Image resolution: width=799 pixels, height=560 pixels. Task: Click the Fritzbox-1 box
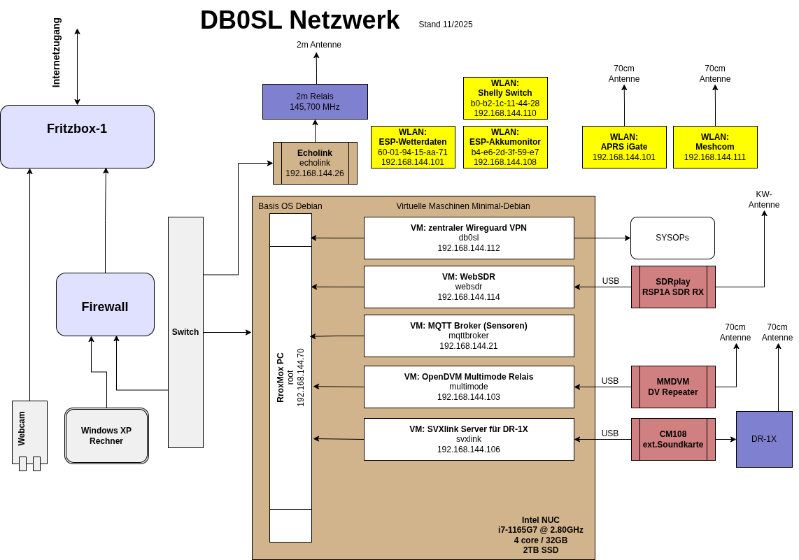tap(77, 136)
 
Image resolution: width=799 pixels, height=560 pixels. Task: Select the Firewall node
tap(105, 305)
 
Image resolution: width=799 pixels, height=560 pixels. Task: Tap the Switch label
tap(185, 332)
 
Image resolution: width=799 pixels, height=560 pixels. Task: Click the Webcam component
tap(29, 430)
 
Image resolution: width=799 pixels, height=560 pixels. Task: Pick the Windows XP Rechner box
tap(106, 436)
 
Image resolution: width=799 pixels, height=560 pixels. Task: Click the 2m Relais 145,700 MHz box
tap(315, 101)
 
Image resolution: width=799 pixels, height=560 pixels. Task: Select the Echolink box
tap(315, 163)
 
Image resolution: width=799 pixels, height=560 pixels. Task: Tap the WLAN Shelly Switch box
tap(505, 98)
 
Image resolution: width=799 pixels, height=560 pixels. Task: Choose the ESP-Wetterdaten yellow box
tap(413, 147)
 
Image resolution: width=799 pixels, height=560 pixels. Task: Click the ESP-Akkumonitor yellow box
tap(505, 147)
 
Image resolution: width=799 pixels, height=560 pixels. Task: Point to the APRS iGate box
tap(624, 147)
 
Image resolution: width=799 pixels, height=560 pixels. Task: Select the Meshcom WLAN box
tap(715, 147)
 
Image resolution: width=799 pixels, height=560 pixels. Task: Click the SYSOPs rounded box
tap(672, 238)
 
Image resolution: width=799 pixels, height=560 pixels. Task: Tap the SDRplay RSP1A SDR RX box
tap(673, 287)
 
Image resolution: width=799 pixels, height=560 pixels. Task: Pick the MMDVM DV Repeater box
tap(673, 387)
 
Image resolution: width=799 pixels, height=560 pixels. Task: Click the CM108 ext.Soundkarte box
tap(673, 439)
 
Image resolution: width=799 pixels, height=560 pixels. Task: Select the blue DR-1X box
tap(764, 439)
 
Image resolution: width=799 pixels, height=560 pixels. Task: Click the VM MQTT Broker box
tap(469, 336)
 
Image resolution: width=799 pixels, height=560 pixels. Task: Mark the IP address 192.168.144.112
tap(469, 248)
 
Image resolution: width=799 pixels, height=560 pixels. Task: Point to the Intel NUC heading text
tap(541, 520)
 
